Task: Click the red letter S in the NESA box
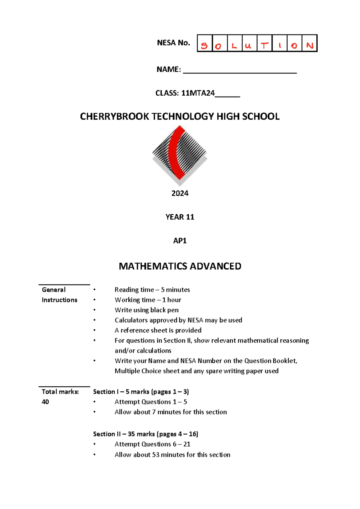pos(204,46)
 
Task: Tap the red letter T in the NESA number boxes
pos(264,46)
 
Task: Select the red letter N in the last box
pos(310,46)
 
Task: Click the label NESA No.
pos(173,43)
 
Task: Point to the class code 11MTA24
pos(198,93)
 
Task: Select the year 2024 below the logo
pos(180,193)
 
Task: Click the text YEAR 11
pos(180,217)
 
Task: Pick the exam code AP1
pos(180,241)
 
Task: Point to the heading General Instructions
pos(59,295)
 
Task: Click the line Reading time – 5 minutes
pos(152,290)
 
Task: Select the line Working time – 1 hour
pos(148,300)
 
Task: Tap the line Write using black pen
pos(146,310)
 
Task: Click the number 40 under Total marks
pos(45,402)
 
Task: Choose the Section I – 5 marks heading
pos(141,391)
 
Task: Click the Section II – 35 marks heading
pos(145,434)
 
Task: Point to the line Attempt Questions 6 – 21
pos(152,444)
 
